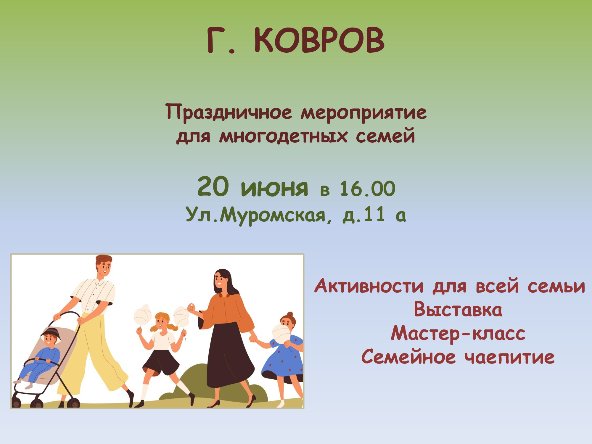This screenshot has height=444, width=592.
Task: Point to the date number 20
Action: point(213,187)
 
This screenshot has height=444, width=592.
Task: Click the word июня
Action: point(274,188)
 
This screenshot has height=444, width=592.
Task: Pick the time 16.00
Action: point(367,189)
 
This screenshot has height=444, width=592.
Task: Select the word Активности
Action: point(369,286)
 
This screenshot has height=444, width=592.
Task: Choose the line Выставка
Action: point(458,310)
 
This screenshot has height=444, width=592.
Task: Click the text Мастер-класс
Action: point(458,334)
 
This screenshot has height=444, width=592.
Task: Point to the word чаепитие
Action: point(509,357)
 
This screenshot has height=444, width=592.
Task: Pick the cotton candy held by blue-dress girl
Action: point(281,333)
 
